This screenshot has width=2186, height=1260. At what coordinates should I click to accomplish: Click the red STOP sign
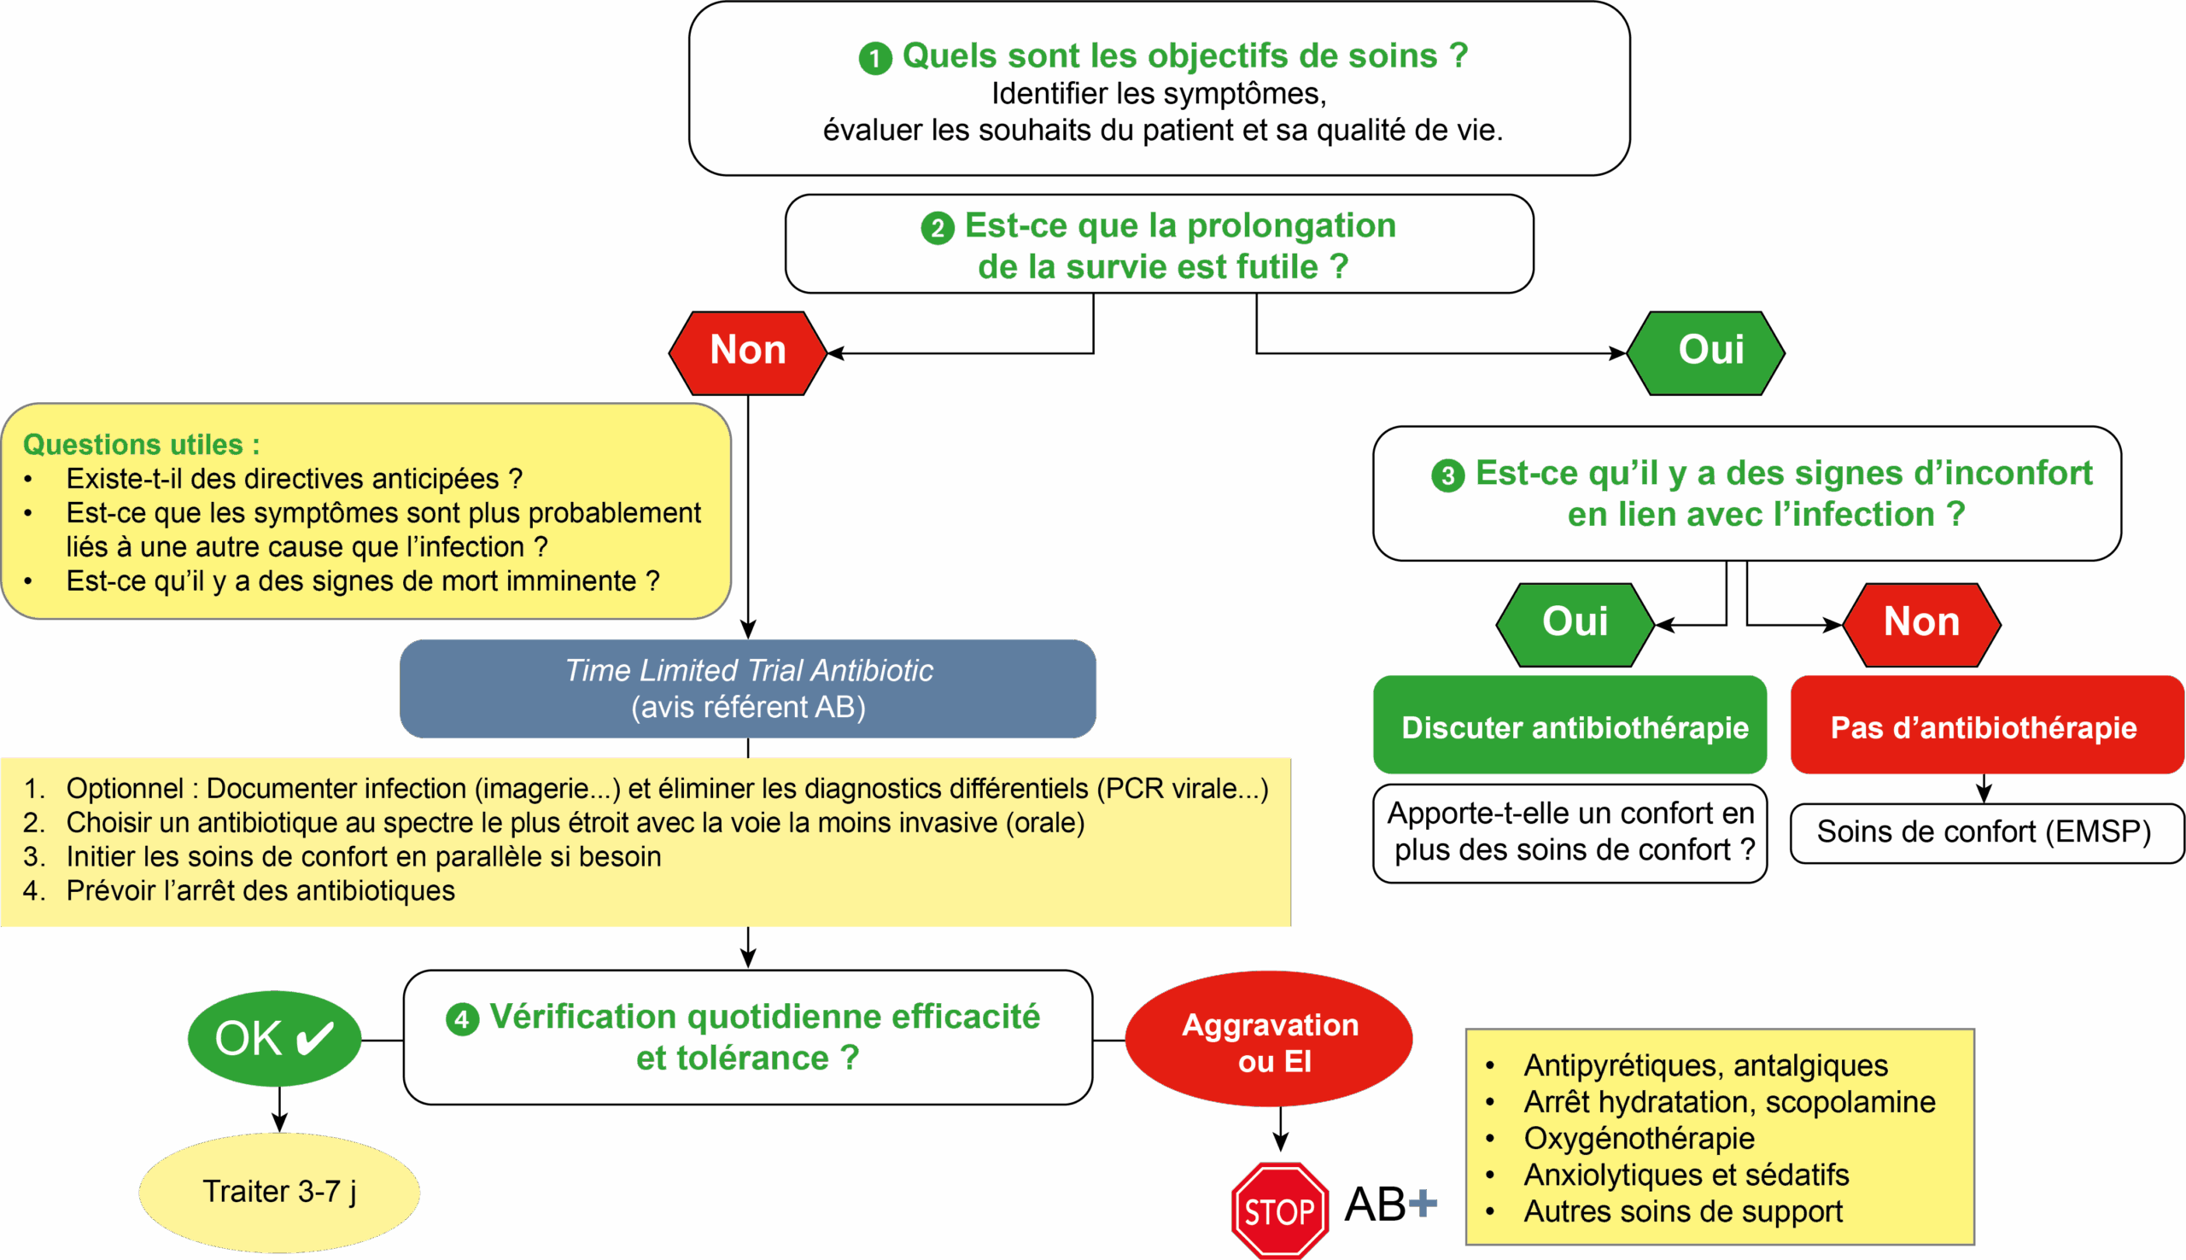click(1279, 1210)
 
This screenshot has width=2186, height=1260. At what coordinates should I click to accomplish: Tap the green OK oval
click(273, 1037)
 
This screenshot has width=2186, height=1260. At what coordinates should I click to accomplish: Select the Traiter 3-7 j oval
click(278, 1192)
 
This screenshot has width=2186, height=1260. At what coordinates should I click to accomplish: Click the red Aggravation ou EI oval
click(1270, 1041)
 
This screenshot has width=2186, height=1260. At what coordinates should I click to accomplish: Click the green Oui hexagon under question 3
click(1574, 623)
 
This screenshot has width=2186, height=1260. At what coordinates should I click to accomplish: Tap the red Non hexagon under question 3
click(1921, 623)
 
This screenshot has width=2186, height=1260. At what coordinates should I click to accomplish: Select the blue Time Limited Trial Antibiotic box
click(748, 689)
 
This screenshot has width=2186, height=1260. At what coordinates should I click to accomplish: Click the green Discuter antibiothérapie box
click(1569, 726)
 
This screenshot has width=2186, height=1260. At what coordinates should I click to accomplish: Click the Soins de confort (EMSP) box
click(1984, 832)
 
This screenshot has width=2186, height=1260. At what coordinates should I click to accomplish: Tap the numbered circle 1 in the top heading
click(875, 58)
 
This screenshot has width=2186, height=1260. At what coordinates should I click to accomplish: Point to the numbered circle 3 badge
click(1447, 475)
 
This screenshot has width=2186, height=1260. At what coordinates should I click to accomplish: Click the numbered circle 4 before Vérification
click(462, 1019)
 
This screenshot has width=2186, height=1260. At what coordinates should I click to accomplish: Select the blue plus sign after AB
click(1423, 1203)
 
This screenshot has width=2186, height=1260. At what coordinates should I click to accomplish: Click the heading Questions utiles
click(141, 445)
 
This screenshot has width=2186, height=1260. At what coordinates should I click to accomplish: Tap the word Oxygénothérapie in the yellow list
click(1639, 1139)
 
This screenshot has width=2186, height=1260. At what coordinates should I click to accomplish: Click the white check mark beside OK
click(316, 1037)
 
